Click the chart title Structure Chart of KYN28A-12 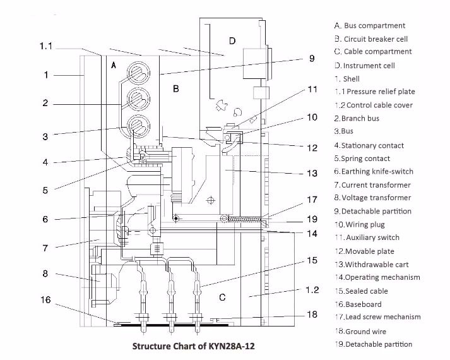click(x=194, y=346)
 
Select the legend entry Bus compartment click(x=370, y=26)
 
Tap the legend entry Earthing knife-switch click(x=374, y=172)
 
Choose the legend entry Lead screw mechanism click(x=377, y=317)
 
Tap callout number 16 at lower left click(x=45, y=300)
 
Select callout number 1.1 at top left click(x=47, y=46)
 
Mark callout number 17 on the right click(x=312, y=200)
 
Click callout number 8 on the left click(x=45, y=273)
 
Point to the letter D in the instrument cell click(x=232, y=41)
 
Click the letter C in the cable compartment click(x=222, y=297)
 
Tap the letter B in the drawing click(x=176, y=89)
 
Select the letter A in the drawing click(x=114, y=65)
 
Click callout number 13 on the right click(x=312, y=173)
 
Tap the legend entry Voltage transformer click(x=372, y=198)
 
